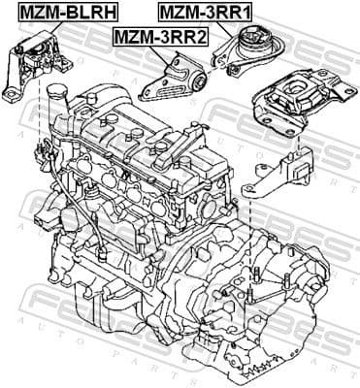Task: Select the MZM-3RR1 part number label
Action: point(206,12)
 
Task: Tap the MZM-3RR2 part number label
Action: point(160,37)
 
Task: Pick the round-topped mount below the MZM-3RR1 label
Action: point(253,52)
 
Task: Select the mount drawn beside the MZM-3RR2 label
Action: point(175,81)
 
